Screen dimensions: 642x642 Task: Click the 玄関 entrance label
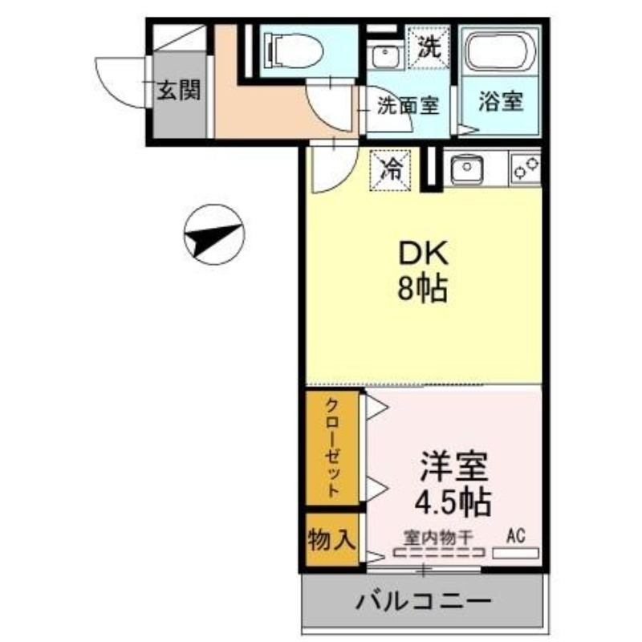(177, 90)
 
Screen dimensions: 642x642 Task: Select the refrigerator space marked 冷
(391, 169)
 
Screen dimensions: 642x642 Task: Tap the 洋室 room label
(452, 468)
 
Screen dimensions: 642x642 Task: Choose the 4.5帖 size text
(452, 503)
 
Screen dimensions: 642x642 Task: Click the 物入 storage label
(331, 539)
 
